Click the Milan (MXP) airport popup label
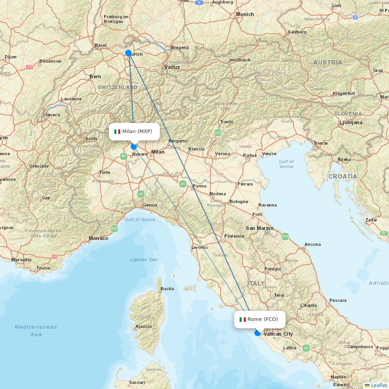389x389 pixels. click(134, 131)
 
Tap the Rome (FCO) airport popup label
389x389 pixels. click(259, 319)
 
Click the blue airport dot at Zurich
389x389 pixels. click(128, 53)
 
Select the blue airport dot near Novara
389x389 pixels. click(134, 147)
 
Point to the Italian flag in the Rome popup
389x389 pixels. click(242, 319)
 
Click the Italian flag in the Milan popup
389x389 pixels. click(117, 131)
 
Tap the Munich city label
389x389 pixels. click(245, 14)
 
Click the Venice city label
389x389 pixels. click(269, 154)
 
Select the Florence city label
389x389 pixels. click(234, 236)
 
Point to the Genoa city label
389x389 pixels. click(150, 205)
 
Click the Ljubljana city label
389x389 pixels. click(351, 122)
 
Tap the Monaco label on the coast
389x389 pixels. click(98, 238)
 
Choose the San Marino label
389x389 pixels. click(259, 228)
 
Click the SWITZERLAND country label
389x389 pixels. click(117, 88)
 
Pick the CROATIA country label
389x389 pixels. click(342, 176)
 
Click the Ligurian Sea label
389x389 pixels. click(144, 259)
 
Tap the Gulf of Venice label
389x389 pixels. click(286, 164)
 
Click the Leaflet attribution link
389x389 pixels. click(378, 385)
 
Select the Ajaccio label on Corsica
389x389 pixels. click(144, 326)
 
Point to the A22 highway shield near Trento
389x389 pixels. click(218, 133)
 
